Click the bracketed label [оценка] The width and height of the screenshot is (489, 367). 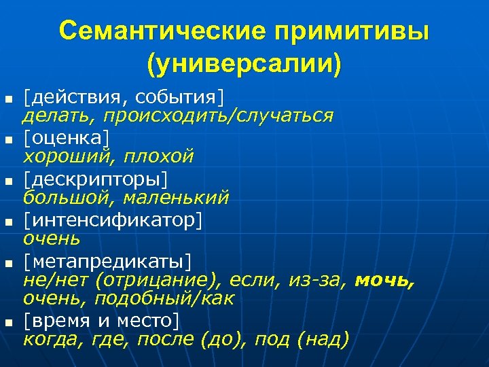(66, 137)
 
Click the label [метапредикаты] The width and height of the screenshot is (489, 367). (107, 262)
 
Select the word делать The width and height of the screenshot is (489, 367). (53, 116)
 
